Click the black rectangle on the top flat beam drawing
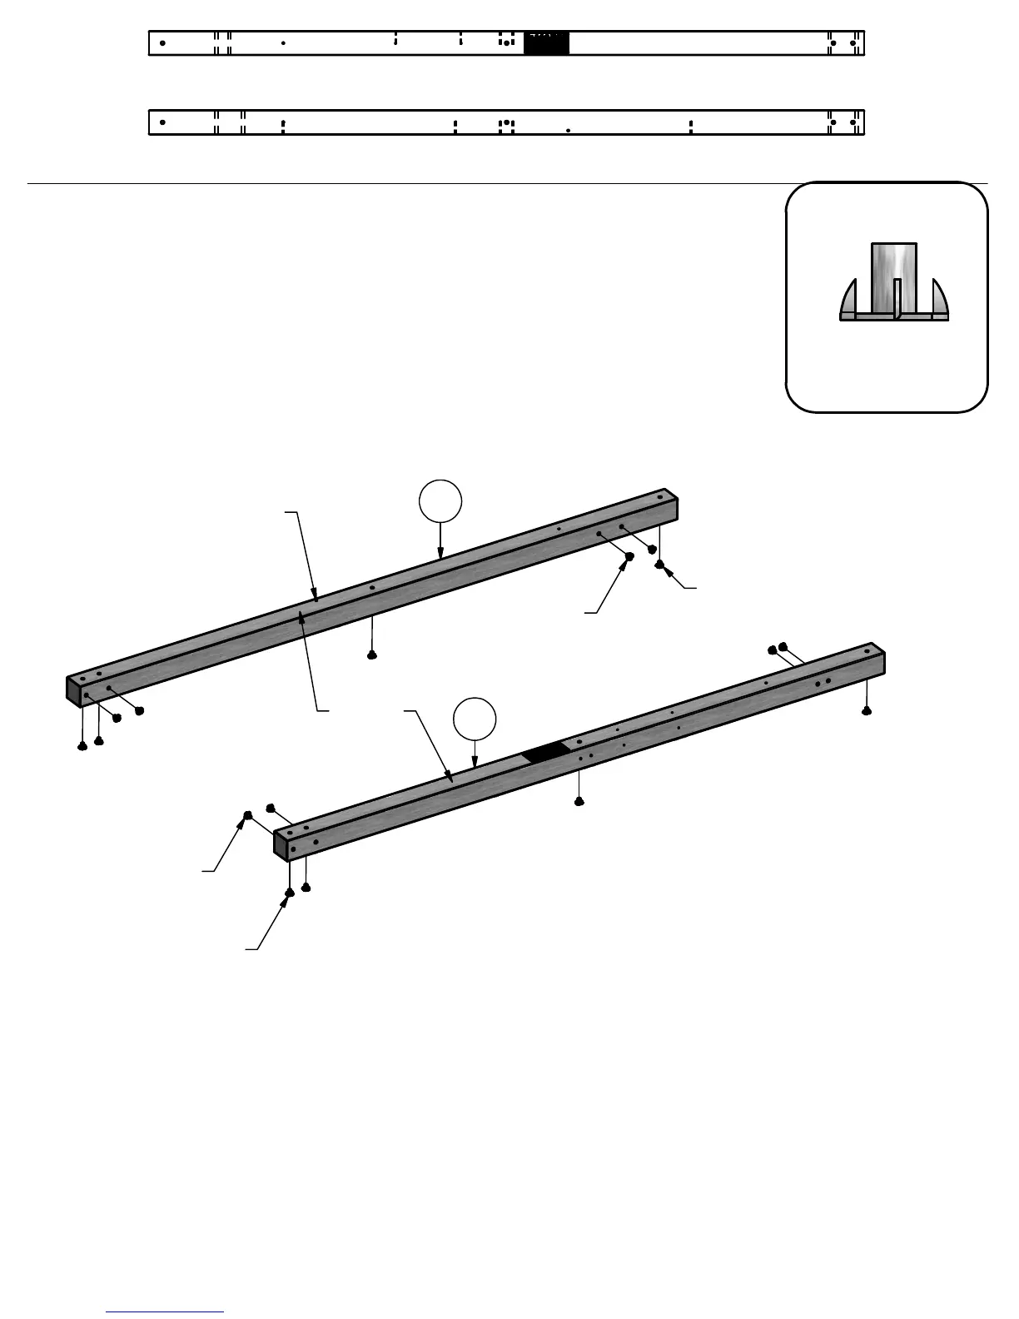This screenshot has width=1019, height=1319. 546,43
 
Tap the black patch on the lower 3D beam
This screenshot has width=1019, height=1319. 547,752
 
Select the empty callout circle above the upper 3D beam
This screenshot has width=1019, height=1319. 440,500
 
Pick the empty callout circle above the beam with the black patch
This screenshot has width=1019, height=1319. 475,718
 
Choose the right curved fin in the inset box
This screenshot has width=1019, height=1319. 939,297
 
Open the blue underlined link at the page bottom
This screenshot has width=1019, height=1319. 165,1312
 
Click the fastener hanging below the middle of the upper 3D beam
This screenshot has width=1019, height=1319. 372,655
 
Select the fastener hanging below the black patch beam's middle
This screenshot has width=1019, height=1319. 579,801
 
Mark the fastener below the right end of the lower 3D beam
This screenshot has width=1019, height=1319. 867,711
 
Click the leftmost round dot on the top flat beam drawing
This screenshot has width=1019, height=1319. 162,42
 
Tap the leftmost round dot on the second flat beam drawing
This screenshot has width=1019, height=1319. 162,122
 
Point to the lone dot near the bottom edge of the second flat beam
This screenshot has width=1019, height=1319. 568,131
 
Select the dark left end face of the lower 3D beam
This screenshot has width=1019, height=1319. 281,845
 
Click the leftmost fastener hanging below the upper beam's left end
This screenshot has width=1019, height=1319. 82,746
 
